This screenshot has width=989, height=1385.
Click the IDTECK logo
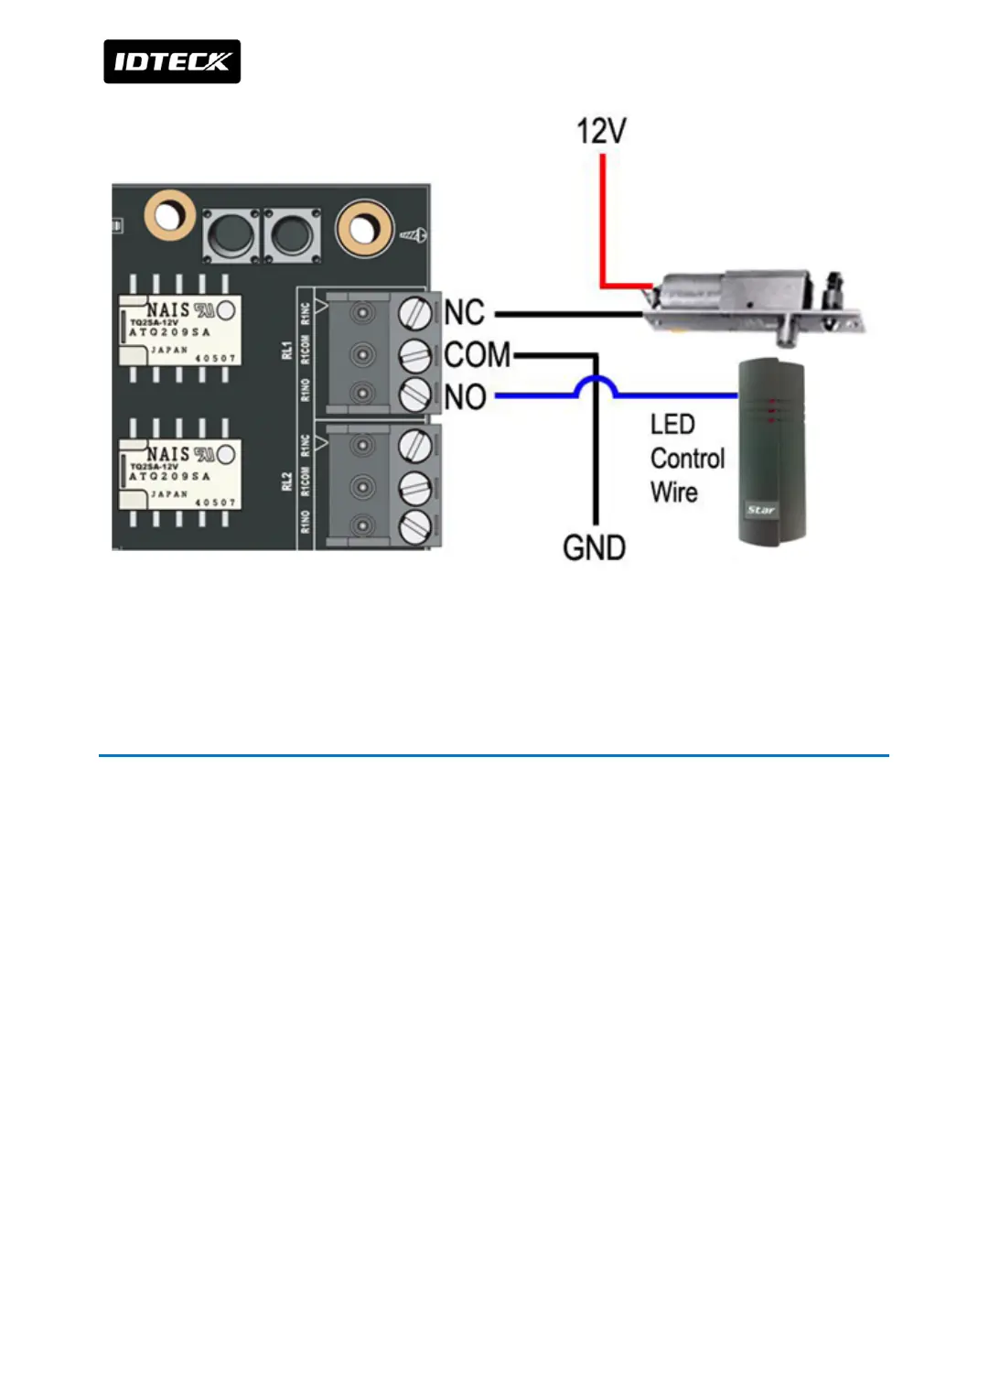coord(172,61)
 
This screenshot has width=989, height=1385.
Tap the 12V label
coord(601,131)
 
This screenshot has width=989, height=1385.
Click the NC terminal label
coord(464,312)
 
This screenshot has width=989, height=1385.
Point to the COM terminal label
coord(477,354)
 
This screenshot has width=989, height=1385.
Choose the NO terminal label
coord(465,396)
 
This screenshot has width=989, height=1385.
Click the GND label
coord(594,547)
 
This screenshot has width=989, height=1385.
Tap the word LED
coord(672,424)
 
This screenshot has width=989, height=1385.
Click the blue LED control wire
coord(677,395)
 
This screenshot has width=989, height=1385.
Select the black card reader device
coord(771,453)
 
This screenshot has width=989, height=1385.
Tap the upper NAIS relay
coord(180,330)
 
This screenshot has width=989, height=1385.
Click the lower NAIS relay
coord(180,474)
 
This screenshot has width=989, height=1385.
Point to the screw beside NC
coord(415,313)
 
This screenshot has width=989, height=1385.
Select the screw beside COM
coord(415,354)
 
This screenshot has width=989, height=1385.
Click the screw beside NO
coord(415,395)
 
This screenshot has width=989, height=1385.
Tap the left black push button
coord(230,234)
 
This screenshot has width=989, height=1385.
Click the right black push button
coord(292,234)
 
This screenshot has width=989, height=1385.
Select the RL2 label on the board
coord(286,482)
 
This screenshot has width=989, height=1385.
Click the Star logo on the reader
coord(760,510)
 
